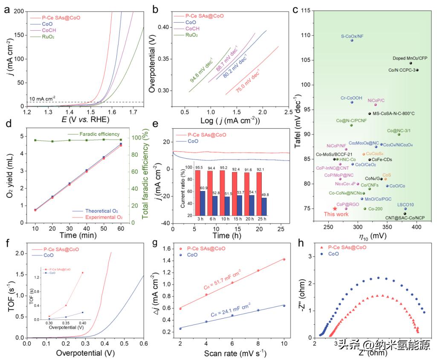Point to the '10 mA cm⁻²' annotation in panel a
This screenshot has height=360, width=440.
(x=44, y=99)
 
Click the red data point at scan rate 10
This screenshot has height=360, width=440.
(x=284, y=259)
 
